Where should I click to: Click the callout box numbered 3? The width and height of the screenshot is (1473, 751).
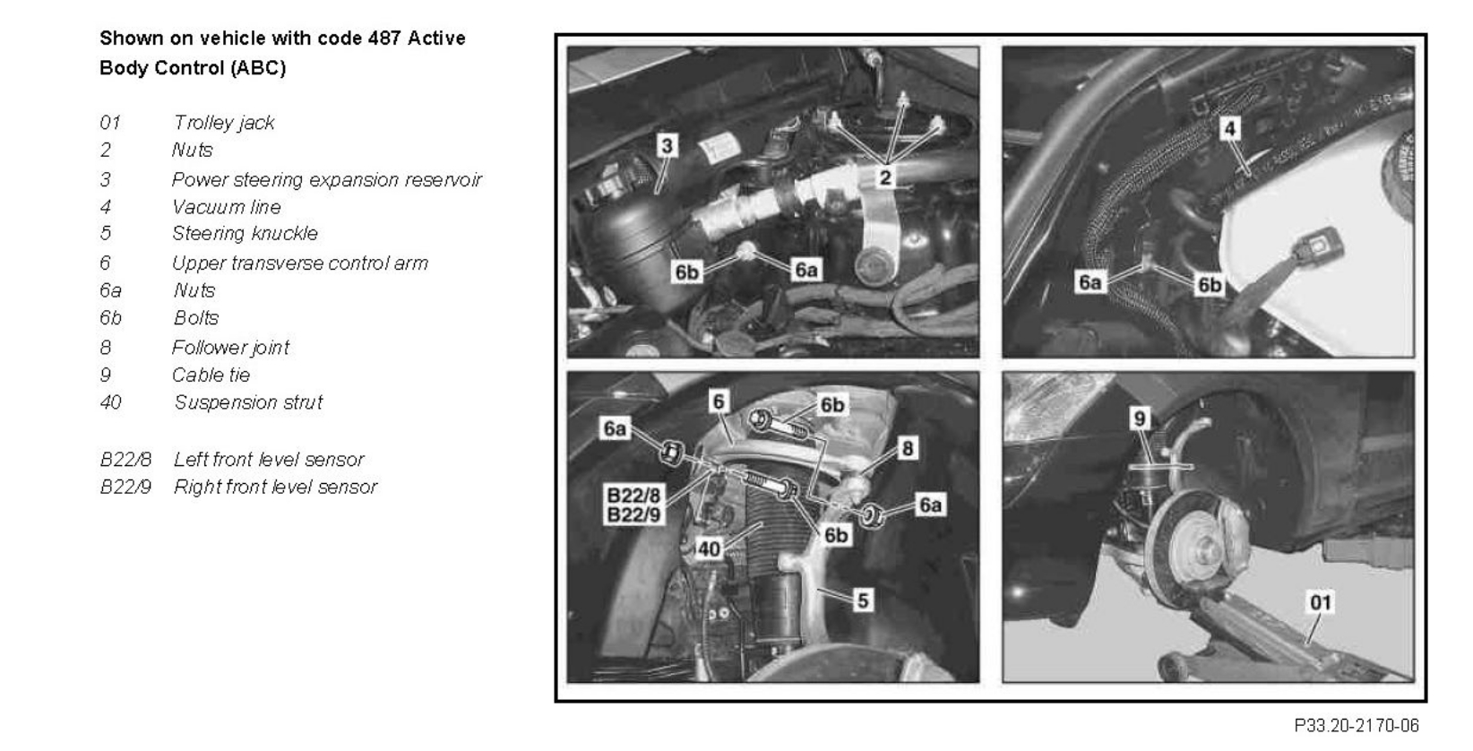[x=667, y=145]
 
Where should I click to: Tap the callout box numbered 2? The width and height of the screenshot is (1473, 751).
[x=885, y=177]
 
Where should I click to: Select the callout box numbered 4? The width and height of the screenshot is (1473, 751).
[x=1230, y=129]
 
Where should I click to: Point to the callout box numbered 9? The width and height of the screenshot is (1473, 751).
[x=1140, y=419]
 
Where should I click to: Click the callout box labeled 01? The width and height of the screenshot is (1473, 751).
[x=1321, y=601]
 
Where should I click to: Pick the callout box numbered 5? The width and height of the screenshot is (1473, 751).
[x=862, y=600]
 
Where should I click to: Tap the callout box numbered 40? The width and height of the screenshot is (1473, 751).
[x=709, y=548]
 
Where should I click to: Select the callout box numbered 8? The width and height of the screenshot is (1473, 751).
[x=908, y=448]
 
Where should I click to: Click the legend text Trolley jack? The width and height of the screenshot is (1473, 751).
[x=224, y=123]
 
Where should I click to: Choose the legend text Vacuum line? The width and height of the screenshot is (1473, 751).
[x=227, y=207]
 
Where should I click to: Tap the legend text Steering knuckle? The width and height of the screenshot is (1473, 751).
[x=245, y=234]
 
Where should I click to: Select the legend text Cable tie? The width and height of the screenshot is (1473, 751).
[x=211, y=375]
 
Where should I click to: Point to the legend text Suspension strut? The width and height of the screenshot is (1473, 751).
[x=248, y=402]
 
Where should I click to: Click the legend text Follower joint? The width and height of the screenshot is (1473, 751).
[x=231, y=348]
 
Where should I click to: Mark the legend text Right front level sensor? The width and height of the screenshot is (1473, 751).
[x=275, y=487]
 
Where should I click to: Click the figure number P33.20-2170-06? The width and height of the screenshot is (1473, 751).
[x=1356, y=724]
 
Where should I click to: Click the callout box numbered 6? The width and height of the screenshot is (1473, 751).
[x=719, y=401]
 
